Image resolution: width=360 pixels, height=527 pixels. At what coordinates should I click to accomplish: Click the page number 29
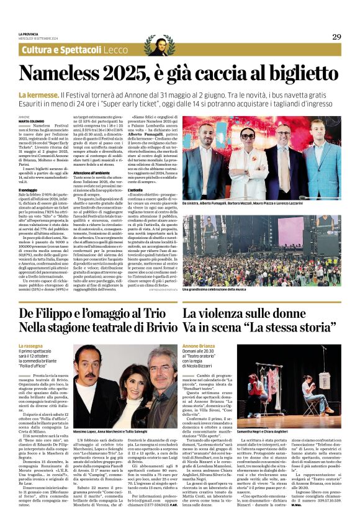tap(336, 37)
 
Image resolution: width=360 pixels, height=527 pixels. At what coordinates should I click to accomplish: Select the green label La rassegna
tap(31, 345)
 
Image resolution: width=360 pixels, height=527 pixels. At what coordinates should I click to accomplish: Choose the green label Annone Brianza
tap(199, 345)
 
